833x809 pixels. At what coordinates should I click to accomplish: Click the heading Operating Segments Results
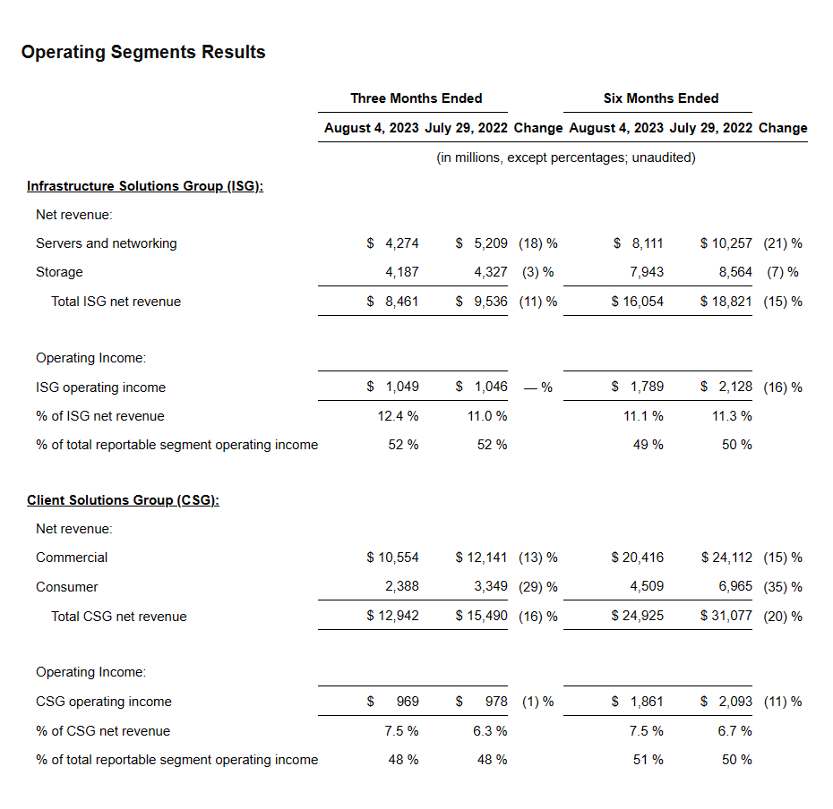143,52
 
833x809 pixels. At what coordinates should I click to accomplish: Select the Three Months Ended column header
416,98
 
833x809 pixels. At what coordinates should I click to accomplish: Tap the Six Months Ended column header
661,98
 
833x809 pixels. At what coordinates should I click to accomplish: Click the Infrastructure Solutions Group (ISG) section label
145,186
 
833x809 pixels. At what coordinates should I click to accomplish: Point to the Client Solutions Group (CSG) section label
123,500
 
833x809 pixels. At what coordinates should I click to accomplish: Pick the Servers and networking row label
107,243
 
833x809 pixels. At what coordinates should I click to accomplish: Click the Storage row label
59,272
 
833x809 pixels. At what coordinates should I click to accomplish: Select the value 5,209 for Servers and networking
489,243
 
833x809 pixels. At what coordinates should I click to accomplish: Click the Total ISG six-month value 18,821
733,302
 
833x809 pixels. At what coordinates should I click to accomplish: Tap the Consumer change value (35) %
782,587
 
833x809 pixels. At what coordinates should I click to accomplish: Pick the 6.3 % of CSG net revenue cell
488,731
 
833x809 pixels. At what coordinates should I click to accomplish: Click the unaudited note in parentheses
566,158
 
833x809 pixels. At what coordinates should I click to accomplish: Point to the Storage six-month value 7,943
647,272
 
